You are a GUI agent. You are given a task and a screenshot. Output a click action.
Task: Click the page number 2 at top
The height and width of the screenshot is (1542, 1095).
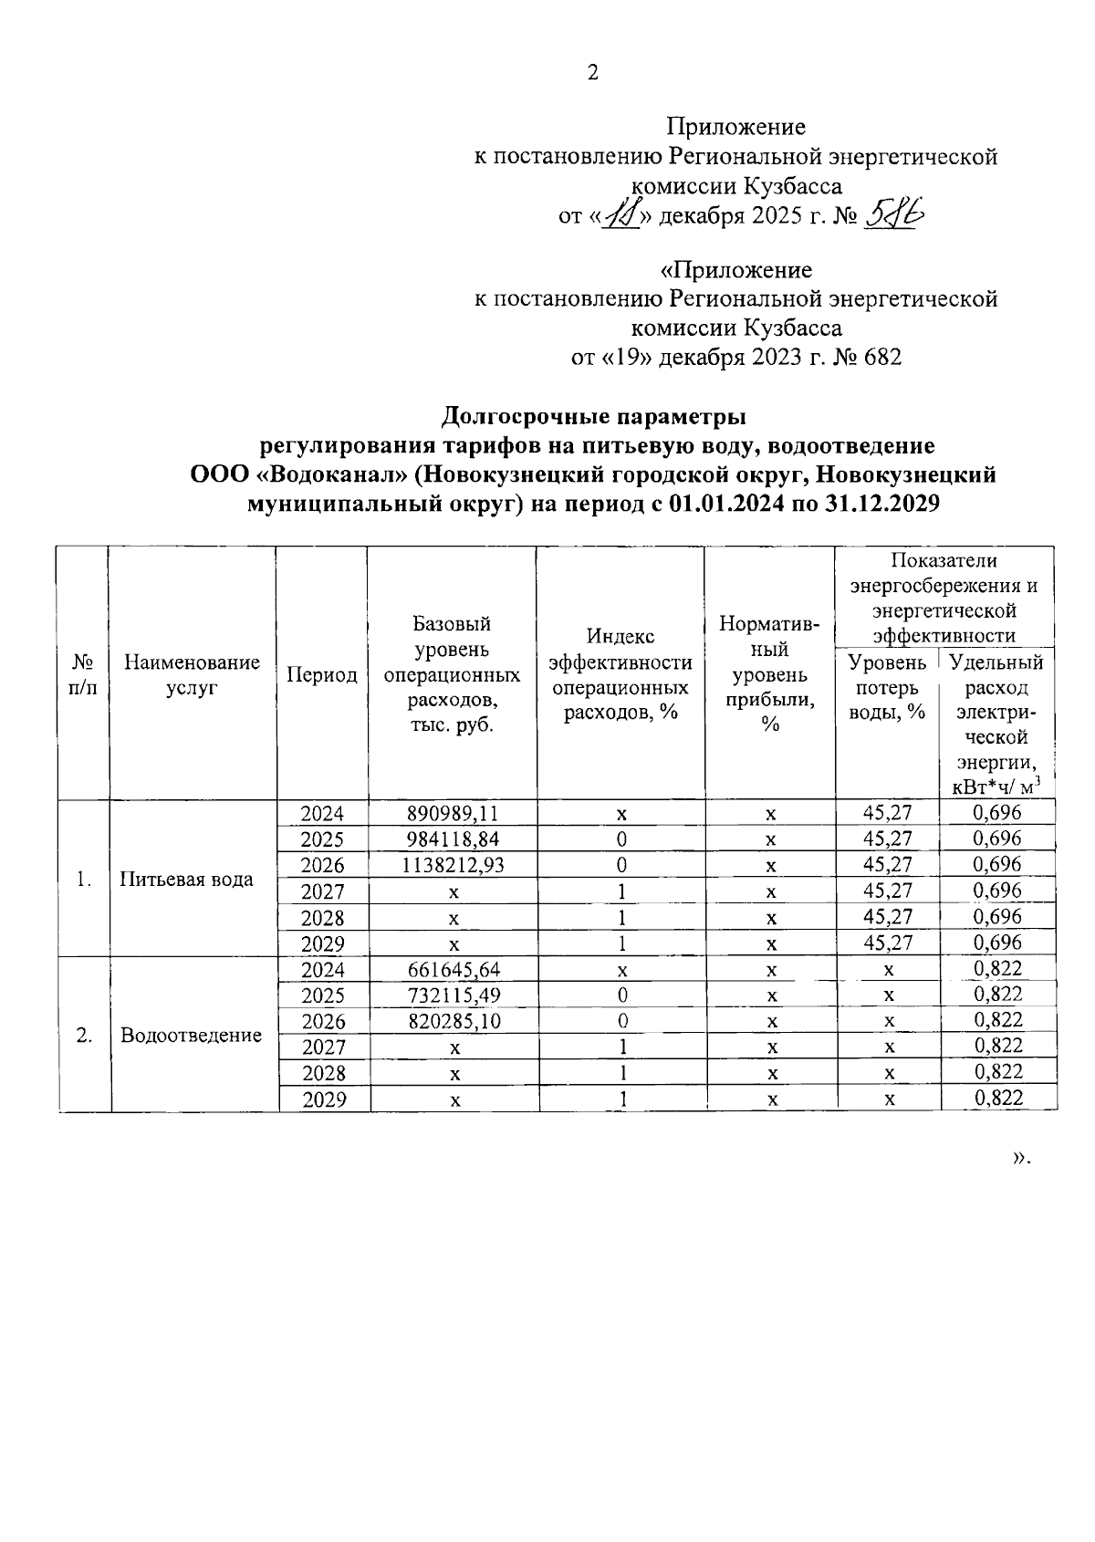(x=592, y=73)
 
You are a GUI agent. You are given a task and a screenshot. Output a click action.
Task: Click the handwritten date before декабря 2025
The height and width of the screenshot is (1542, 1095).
(x=623, y=215)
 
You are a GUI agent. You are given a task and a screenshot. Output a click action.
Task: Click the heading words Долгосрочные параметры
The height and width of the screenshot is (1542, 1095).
(x=593, y=417)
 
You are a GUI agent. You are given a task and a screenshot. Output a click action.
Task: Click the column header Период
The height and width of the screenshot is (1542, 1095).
(x=322, y=675)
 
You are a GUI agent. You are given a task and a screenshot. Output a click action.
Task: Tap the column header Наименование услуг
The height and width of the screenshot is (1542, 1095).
(x=192, y=675)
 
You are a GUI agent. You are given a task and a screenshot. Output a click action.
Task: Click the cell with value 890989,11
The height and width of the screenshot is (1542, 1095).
(x=453, y=813)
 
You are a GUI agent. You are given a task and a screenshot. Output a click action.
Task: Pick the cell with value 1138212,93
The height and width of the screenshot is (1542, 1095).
(x=453, y=865)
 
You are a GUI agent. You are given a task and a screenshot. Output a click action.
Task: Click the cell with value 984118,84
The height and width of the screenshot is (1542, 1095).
(x=453, y=839)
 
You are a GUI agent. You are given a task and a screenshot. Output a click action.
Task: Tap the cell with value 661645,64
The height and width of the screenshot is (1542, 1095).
(x=453, y=969)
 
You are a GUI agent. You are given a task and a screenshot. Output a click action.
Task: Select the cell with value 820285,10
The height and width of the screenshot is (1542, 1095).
(x=453, y=1021)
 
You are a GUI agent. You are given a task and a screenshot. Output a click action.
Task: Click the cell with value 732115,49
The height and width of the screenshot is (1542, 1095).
(x=453, y=995)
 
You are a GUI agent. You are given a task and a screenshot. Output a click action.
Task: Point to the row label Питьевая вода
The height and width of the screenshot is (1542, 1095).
(x=186, y=880)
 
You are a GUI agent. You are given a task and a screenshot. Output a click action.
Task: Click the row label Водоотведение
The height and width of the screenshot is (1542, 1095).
(x=191, y=1036)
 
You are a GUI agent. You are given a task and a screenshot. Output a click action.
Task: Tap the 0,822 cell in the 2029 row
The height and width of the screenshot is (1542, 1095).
(x=998, y=1099)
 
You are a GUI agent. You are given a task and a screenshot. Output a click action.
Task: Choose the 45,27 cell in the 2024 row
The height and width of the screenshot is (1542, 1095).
(x=887, y=813)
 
